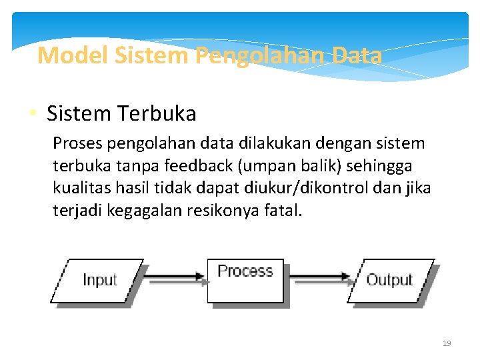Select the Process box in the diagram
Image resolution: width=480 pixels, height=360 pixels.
tap(245, 280)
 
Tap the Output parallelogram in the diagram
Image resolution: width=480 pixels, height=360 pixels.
tap(390, 281)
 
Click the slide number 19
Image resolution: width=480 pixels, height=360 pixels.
tap(447, 343)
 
